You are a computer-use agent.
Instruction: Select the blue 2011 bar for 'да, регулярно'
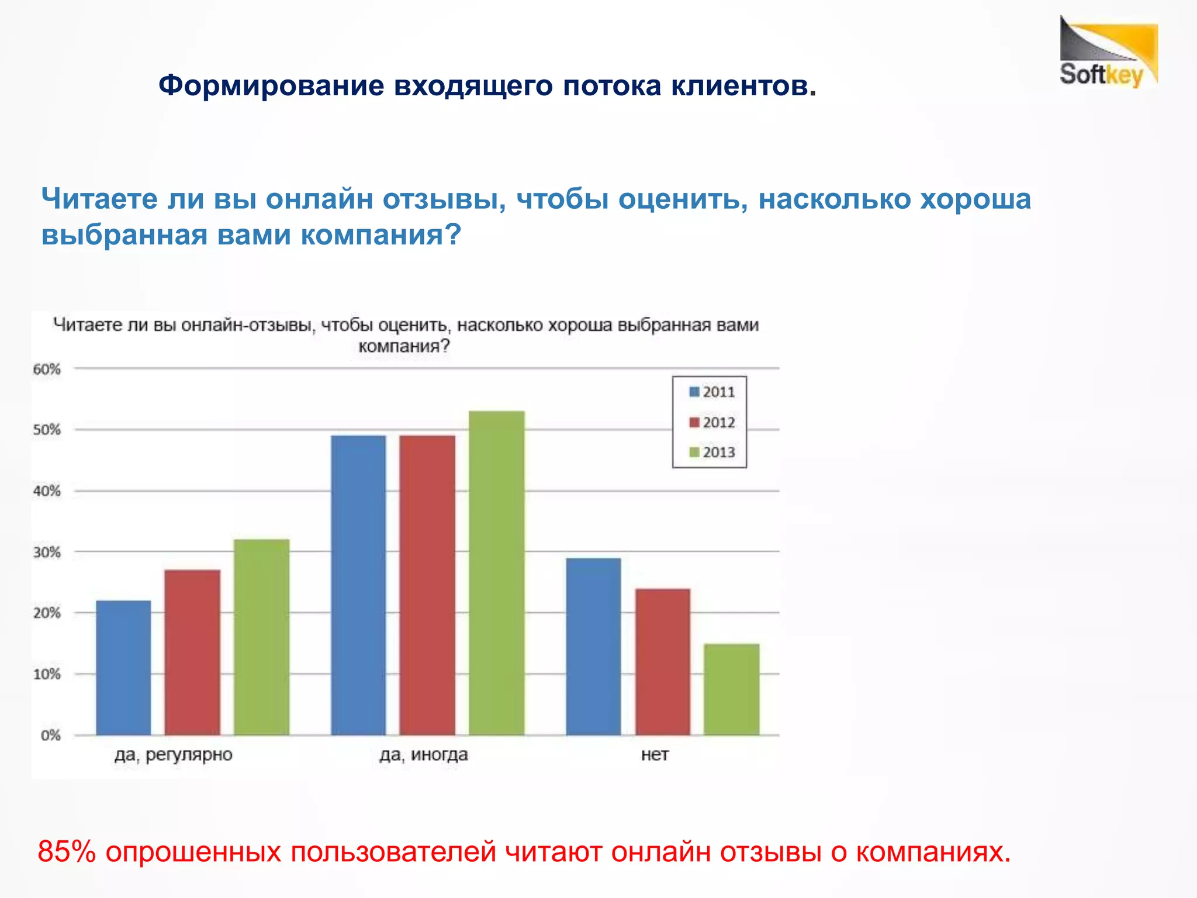tap(123, 667)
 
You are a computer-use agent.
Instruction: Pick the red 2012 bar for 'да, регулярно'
tap(192, 652)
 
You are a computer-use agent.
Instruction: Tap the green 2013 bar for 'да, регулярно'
tap(261, 637)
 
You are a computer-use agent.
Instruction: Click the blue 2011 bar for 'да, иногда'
tap(358, 585)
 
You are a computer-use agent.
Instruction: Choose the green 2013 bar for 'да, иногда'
tap(496, 573)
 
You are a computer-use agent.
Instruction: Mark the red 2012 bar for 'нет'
tap(662, 661)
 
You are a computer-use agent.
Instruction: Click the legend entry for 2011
tap(711, 392)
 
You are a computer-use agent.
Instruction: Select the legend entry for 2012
tap(711, 423)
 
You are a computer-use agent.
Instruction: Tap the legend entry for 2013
tap(711, 453)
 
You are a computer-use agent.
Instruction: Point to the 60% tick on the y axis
tap(47, 369)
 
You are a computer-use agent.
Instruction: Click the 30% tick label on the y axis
tap(47, 552)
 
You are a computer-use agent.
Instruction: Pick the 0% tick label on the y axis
tap(50, 735)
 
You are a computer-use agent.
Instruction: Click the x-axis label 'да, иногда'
tap(423, 755)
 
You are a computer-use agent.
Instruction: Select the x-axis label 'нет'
tap(655, 755)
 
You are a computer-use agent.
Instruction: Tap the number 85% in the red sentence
tap(67, 852)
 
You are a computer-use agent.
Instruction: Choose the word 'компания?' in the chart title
tap(404, 346)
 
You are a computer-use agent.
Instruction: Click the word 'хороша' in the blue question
tap(975, 199)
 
